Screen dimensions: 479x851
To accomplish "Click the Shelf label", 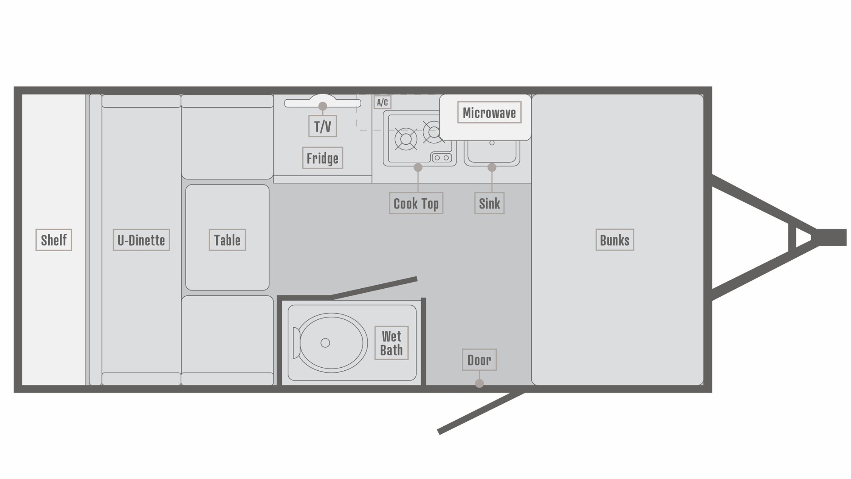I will click(x=54, y=240).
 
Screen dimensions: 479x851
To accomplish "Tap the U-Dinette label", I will click(x=141, y=240).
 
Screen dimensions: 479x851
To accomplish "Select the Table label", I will click(x=227, y=240).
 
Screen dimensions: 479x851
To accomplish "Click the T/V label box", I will click(x=322, y=126).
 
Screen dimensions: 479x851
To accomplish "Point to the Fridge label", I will click(x=322, y=158).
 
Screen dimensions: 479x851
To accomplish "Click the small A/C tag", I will click(x=382, y=102).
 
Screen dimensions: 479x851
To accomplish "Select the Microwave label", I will click(x=489, y=113).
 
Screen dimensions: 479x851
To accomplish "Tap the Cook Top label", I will click(x=416, y=204).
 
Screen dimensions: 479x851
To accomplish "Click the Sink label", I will click(x=489, y=204).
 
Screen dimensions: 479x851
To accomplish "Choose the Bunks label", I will click(x=614, y=240).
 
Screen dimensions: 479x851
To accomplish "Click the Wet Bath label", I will click(x=391, y=343).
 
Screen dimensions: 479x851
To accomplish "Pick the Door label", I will click(x=479, y=360).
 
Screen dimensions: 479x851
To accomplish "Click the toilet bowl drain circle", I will click(x=325, y=343).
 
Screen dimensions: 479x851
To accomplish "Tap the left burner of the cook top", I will click(x=406, y=139).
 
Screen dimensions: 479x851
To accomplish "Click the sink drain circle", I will click(x=492, y=143).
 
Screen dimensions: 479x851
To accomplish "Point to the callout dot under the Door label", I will click(x=479, y=383).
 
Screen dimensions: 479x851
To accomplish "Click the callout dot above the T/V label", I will click(x=323, y=106).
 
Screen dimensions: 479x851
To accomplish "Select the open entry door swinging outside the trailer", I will click(x=481, y=412).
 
